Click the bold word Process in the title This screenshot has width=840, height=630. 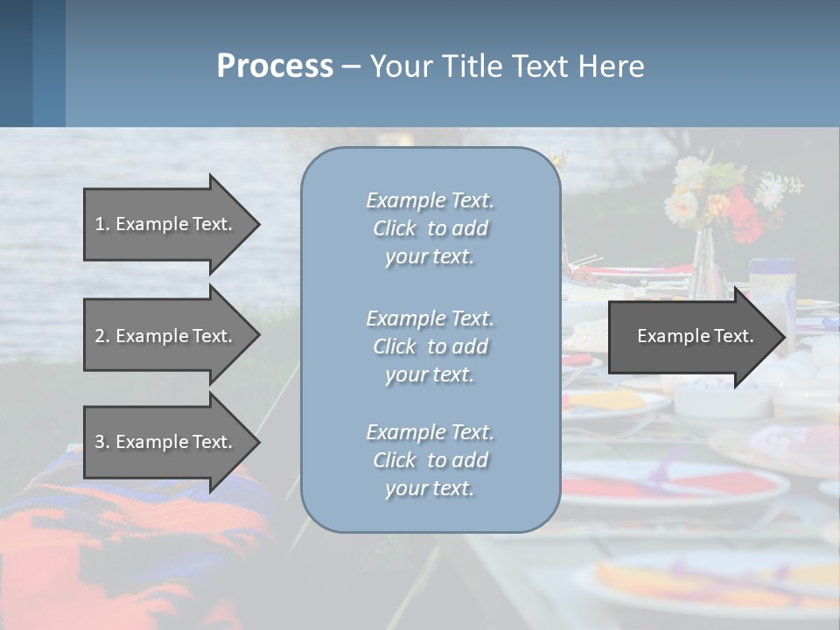click(x=275, y=66)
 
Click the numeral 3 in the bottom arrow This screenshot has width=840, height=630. click(x=100, y=442)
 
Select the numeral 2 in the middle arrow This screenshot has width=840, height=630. click(x=100, y=336)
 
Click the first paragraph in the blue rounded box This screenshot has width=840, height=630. click(x=430, y=228)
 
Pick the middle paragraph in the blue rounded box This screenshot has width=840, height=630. click(x=430, y=346)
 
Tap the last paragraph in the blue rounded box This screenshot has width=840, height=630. click(x=430, y=460)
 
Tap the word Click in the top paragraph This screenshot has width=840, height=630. click(x=395, y=229)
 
